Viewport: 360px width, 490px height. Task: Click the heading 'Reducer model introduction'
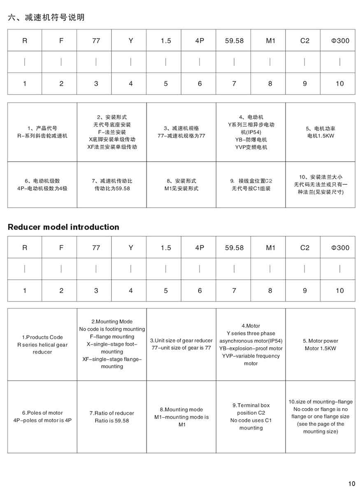(x=63, y=227)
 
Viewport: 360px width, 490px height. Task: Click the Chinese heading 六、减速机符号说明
(x=46, y=17)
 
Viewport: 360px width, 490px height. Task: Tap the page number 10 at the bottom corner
(x=351, y=483)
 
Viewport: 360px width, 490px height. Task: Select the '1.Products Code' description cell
(x=42, y=345)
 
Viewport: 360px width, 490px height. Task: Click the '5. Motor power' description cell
(x=321, y=345)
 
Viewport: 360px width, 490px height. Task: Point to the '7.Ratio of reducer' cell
(x=112, y=417)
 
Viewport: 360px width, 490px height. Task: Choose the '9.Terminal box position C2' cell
(x=251, y=416)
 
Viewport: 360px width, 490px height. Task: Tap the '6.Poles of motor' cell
(x=42, y=416)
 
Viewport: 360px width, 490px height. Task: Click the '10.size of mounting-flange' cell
(x=321, y=416)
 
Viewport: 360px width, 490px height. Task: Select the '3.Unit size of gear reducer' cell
(x=181, y=344)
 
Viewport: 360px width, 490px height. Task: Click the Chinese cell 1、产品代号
(x=42, y=132)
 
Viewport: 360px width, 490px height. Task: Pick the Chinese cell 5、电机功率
(x=321, y=132)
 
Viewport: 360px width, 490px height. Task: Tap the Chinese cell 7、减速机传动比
(x=112, y=184)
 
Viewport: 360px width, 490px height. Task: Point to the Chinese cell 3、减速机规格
(x=181, y=132)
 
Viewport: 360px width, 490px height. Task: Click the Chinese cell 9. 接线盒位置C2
(x=251, y=184)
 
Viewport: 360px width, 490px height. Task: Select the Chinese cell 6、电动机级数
(x=42, y=184)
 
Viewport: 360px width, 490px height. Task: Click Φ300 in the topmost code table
(x=340, y=41)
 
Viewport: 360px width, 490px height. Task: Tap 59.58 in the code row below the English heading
(x=234, y=248)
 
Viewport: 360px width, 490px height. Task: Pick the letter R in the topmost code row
(x=25, y=41)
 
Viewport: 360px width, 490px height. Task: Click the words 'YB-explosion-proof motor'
(x=251, y=348)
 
